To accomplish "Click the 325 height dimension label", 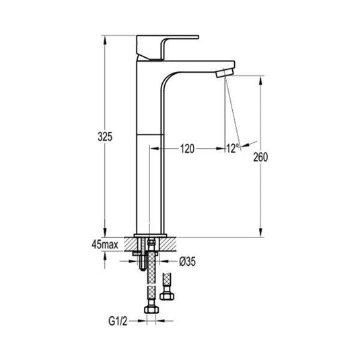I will pyautogui.click(x=104, y=137).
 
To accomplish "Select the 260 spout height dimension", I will pyautogui.click(x=261, y=158).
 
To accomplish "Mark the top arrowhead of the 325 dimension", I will pyautogui.click(x=105, y=39).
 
